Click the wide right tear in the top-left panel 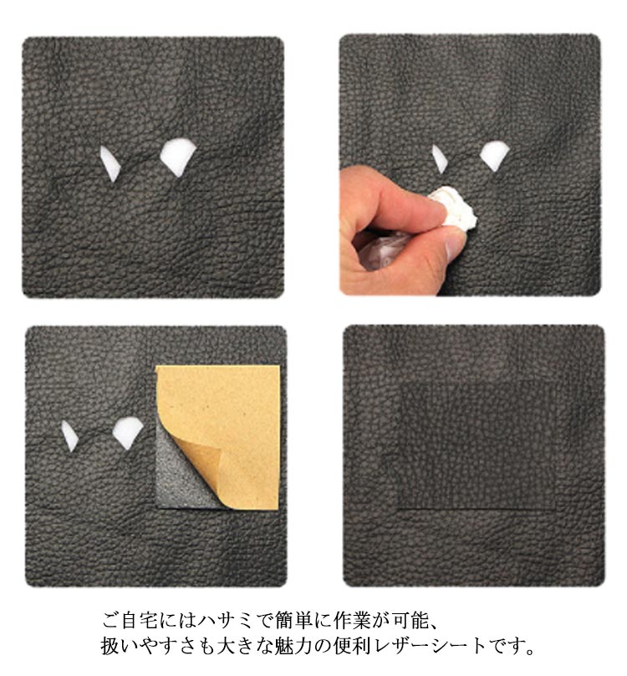(x=177, y=156)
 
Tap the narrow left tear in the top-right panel (x=440, y=159)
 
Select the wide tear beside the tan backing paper (x=128, y=433)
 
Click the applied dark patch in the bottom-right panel (x=477, y=445)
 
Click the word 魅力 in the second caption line (x=293, y=645)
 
